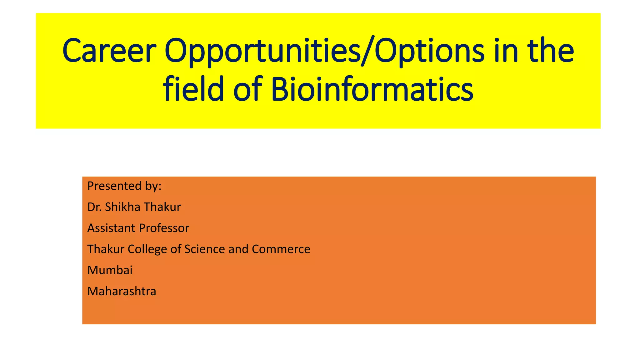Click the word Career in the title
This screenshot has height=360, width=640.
[x=109, y=51]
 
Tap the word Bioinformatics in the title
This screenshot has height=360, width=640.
[x=372, y=89]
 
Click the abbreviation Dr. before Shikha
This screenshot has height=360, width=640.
[x=94, y=207]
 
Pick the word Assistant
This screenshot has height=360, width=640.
[x=111, y=228]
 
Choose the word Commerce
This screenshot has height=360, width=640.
[x=281, y=249]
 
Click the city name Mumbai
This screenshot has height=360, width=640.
[x=110, y=270]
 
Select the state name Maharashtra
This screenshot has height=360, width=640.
[x=122, y=291]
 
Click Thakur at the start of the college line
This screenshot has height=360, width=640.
[x=106, y=249]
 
